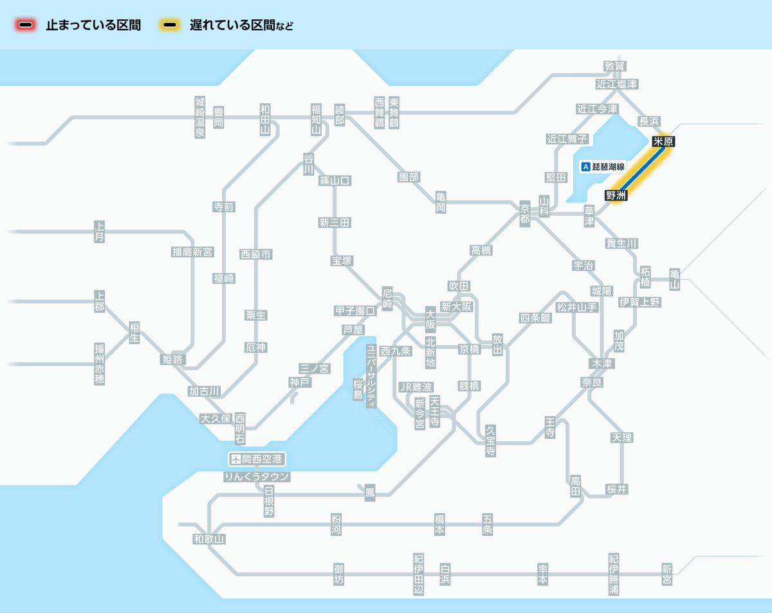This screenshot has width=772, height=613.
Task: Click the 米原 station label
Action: [x=663, y=142]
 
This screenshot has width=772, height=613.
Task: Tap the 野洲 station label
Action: [x=616, y=195]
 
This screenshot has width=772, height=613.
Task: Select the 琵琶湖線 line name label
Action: [x=603, y=167]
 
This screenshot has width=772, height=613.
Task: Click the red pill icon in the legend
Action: [x=26, y=26]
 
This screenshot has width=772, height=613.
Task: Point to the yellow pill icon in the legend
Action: [x=170, y=26]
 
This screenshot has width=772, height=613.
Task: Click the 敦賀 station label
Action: [x=615, y=66]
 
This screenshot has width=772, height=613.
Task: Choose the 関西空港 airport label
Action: [x=257, y=459]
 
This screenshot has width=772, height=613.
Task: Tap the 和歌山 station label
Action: [x=209, y=539]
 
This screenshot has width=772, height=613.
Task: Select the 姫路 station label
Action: [x=173, y=359]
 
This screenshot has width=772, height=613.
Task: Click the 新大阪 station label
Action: [x=456, y=306]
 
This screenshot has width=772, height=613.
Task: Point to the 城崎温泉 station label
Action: [x=200, y=117]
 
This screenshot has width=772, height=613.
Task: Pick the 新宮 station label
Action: [x=666, y=574]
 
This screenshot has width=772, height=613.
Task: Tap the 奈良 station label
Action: [x=592, y=382]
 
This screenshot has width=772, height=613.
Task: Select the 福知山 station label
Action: [x=316, y=118]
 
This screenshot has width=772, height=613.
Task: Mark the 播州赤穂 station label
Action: [x=99, y=364]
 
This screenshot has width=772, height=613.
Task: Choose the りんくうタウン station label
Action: [x=257, y=477]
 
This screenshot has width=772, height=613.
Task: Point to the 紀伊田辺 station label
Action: [x=419, y=574]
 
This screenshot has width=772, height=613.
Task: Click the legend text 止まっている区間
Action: [x=93, y=26]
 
